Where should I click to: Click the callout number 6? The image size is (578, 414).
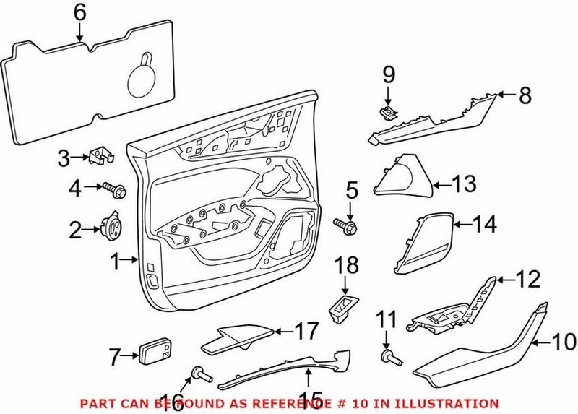coord(79,12)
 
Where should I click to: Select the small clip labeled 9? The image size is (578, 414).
coord(388,110)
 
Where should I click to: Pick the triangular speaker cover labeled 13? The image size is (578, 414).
coord(403,178)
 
